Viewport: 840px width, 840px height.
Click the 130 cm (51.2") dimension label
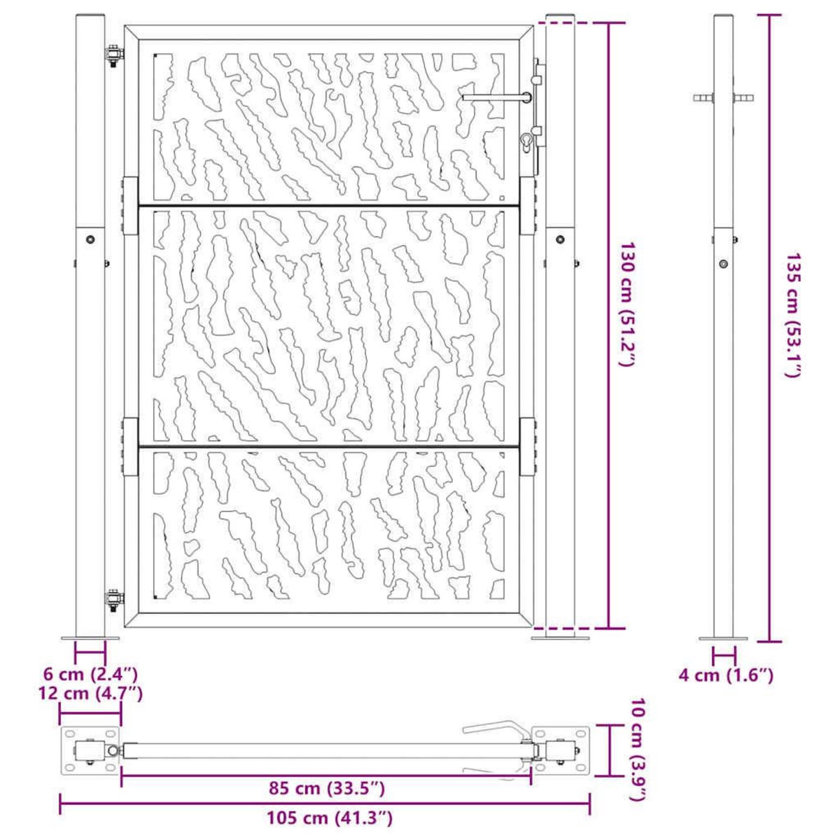[628, 306]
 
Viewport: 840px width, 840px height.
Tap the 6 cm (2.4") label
[90, 675]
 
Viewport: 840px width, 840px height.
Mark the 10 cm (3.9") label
[638, 750]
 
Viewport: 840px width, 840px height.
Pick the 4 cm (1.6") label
[725, 675]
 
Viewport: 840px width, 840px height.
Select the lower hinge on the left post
[113, 599]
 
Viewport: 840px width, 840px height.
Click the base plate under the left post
[90, 638]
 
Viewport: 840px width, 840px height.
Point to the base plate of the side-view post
[724, 638]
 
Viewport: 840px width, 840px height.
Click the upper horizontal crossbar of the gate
[329, 205]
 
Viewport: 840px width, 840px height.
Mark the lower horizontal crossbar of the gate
[329, 445]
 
